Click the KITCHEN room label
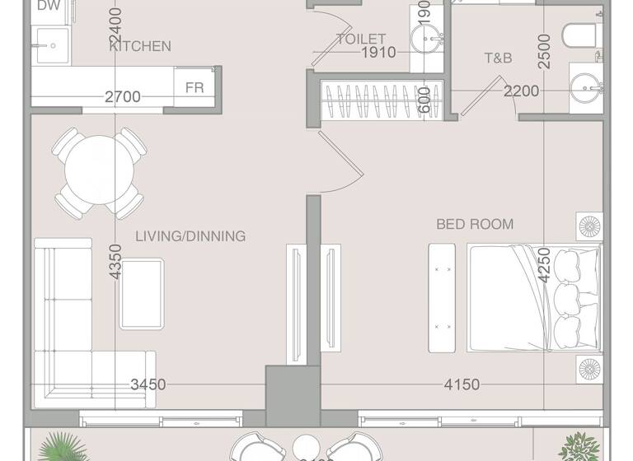click(x=140, y=46)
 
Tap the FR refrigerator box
click(x=195, y=87)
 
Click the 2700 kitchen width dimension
click(x=123, y=97)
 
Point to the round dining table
click(x=100, y=174)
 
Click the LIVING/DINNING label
click(x=190, y=236)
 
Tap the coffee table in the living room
click(x=143, y=293)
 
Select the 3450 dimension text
click(x=148, y=384)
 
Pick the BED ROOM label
click(x=475, y=224)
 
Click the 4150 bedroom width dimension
click(x=462, y=384)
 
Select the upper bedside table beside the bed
click(x=591, y=227)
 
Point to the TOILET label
click(x=361, y=39)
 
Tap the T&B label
click(x=498, y=58)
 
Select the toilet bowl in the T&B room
click(x=581, y=35)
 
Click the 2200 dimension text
click(x=522, y=91)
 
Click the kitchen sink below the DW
click(x=50, y=44)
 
